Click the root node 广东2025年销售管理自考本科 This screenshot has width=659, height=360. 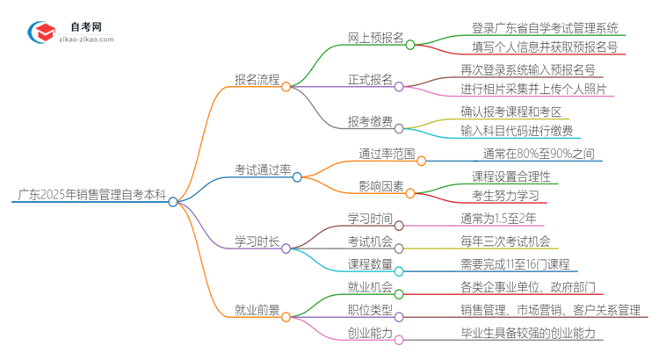[90, 195]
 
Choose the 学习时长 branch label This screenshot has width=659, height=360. [256, 240]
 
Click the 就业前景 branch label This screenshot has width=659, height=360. [256, 309]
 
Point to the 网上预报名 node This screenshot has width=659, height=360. [375, 38]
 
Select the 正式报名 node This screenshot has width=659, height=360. [369, 80]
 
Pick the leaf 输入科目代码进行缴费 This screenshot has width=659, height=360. [517, 131]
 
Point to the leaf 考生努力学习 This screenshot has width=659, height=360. [504, 194]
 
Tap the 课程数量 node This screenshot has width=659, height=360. [369, 263]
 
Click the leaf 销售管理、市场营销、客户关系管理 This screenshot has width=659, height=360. [554, 309]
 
